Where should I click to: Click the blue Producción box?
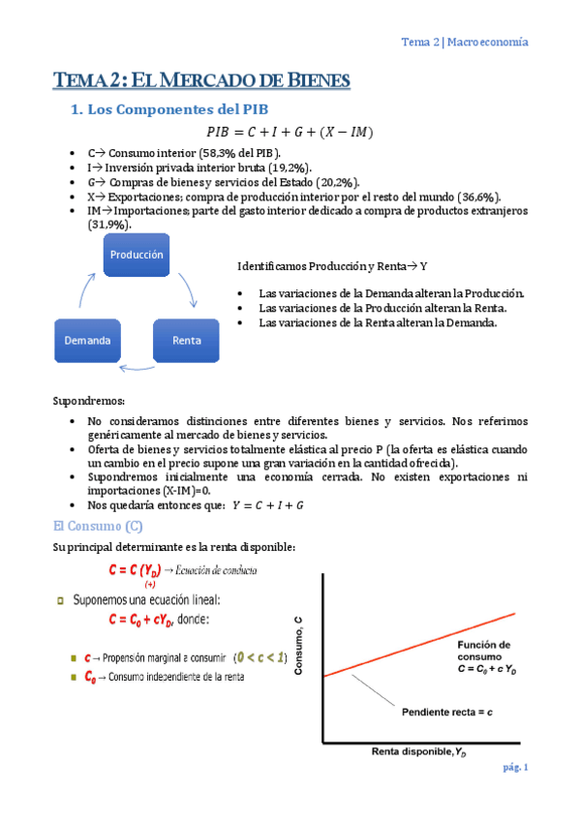click(x=136, y=255)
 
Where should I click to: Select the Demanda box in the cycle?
click(x=87, y=341)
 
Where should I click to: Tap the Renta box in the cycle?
click(x=186, y=341)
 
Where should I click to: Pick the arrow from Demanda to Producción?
click(x=83, y=289)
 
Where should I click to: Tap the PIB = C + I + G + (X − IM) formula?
click(x=290, y=132)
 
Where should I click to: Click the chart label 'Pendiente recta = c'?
click(x=446, y=712)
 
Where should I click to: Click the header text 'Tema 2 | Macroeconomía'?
click(x=465, y=42)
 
